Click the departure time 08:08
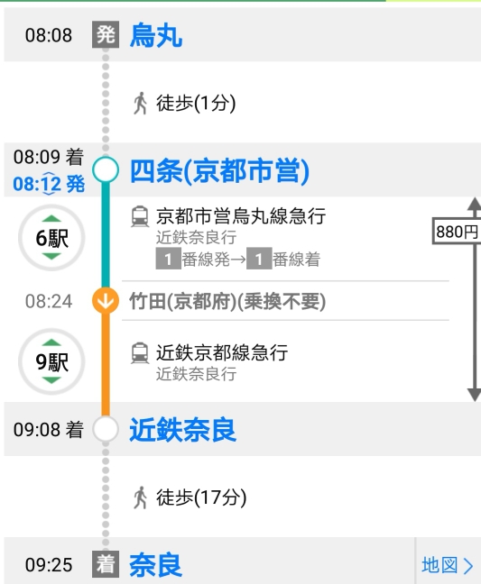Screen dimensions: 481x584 pos(49,35)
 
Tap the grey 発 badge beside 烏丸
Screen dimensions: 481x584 pos(106,34)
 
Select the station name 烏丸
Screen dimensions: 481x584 pos(156,35)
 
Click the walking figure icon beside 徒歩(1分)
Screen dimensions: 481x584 pos(140,103)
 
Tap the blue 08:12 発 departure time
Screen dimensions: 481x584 pos(49,184)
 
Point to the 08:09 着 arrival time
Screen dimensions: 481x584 pos(49,157)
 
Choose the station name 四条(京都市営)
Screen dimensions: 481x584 pos(219,171)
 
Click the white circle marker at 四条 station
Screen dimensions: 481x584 pos(106,169)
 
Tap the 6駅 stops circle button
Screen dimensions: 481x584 pos(51,238)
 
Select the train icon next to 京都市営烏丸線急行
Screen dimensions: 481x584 pos(140,216)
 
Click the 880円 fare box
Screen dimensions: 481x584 pos(457,232)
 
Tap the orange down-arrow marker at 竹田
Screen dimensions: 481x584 pos(106,300)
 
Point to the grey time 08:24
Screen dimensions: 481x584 pos(49,301)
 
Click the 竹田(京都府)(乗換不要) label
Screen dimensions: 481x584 pos(227,301)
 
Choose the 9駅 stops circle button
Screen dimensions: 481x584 pos(51,361)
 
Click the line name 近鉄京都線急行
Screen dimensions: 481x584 pos(222,352)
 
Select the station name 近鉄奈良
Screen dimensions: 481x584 pos(182,429)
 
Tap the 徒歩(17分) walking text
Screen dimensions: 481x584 pos(201,497)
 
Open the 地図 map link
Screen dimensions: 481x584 pos(448,565)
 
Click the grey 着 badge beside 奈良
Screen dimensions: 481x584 pos(106,564)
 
